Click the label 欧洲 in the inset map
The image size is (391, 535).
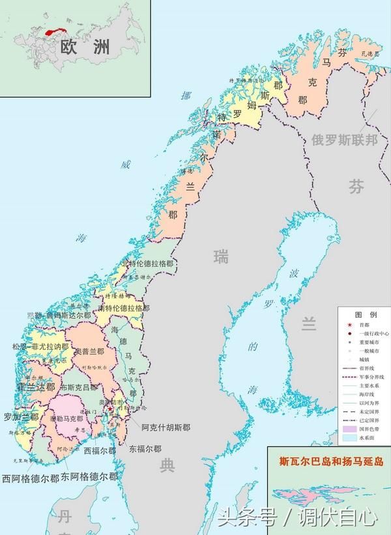tap(85, 46)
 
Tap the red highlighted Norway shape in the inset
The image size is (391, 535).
tap(56, 29)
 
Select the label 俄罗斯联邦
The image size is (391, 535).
tap(344, 139)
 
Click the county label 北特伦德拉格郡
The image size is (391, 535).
tap(148, 264)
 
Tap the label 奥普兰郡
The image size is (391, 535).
tap(89, 351)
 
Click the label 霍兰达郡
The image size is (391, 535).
tap(36, 386)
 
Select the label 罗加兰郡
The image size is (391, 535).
tap(22, 417)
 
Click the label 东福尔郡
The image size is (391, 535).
tap(145, 448)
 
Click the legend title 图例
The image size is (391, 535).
tap(362, 314)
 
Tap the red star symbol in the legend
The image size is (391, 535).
tap(349, 325)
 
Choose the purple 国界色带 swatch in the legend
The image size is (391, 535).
tap(349, 430)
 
